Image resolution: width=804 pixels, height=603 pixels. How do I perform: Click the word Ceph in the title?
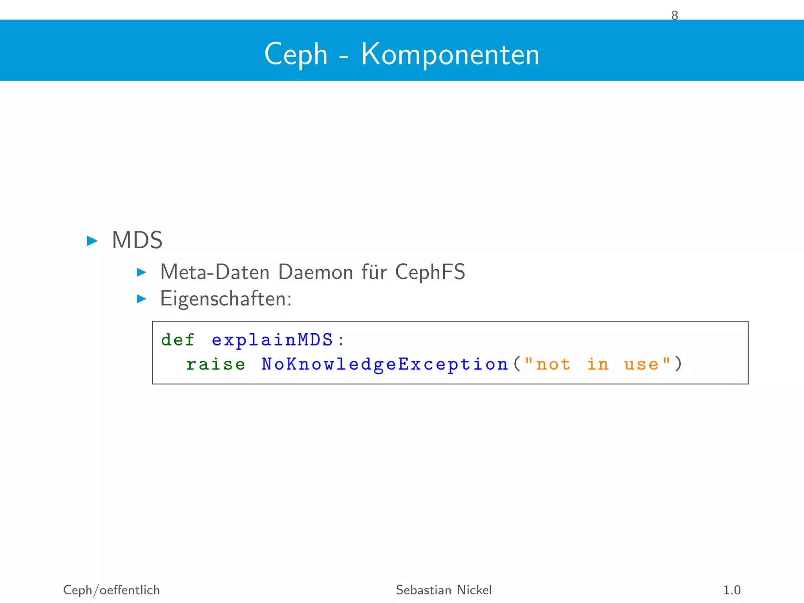coord(296,54)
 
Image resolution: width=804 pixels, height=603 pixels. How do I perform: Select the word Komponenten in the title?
coord(450,54)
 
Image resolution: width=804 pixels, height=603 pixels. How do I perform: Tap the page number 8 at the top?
coord(674,16)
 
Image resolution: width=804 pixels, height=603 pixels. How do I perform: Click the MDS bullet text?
coord(137,240)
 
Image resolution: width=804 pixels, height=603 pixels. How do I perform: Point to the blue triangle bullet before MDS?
coord(92,241)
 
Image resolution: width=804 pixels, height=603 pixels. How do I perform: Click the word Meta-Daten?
coord(215,272)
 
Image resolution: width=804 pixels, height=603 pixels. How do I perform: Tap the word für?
coord(374,272)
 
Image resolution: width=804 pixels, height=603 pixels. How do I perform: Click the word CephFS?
coord(430,272)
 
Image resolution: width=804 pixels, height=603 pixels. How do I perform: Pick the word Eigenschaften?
coord(226,299)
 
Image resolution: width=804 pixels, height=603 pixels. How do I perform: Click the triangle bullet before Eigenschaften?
coord(141,299)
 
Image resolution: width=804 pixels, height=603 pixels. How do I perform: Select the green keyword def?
coord(177,340)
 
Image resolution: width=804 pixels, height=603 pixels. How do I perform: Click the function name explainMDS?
coord(272,340)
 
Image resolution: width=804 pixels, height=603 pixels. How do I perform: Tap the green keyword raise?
coord(216,364)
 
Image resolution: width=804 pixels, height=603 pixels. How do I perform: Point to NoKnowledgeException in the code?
coord(385,364)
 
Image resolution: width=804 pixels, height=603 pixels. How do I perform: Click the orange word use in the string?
coord(641,364)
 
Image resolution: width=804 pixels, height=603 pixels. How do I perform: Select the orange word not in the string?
coord(553,364)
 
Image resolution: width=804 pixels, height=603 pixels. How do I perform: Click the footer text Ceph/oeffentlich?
coord(111,590)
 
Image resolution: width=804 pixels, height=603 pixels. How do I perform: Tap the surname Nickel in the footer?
coord(474,590)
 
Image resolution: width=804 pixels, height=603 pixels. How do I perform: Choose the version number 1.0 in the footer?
coord(732,590)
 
